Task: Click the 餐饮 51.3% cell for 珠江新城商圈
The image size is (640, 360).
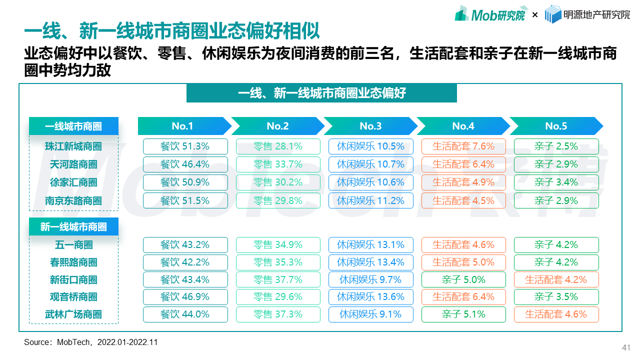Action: point(185,146)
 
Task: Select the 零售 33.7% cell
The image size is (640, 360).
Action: point(278,164)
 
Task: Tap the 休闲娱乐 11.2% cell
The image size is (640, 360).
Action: point(370,200)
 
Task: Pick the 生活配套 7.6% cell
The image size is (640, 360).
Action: point(463,146)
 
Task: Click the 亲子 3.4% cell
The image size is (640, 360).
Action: point(556,182)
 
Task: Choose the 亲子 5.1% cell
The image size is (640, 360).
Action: point(463,314)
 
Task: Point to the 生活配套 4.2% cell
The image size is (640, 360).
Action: point(556,279)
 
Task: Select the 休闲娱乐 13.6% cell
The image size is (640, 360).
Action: point(370,297)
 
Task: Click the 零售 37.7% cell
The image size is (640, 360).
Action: point(278,279)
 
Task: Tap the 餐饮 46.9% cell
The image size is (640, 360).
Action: point(185,297)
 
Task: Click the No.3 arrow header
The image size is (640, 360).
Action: point(370,126)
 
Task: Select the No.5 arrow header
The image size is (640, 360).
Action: point(556,126)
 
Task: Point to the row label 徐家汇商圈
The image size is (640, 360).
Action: point(73,182)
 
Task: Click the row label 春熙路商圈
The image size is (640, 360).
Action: point(73,262)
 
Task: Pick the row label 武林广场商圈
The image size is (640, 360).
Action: point(73,314)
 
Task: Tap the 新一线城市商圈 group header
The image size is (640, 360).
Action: point(73,227)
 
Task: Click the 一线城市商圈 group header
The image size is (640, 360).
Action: point(73,126)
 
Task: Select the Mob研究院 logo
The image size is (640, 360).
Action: point(490,14)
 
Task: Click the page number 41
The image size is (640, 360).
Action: point(626,347)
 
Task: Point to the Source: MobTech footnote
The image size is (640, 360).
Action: point(90,342)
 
